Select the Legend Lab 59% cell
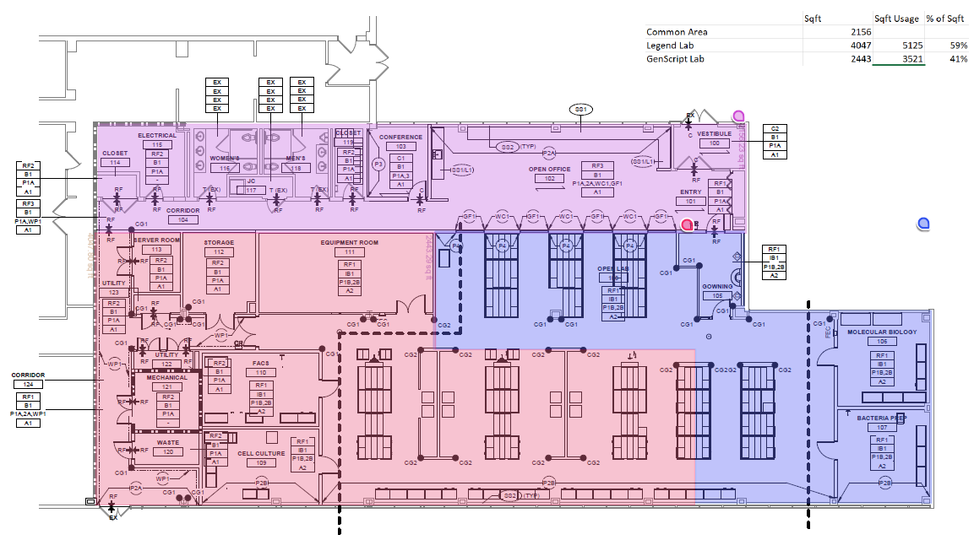coord(955,45)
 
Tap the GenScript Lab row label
coord(675,58)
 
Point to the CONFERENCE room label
coord(400,137)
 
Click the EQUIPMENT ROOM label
coord(349,242)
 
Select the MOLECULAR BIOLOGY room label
coord(881,332)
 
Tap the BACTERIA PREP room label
coord(881,418)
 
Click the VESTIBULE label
coord(714,133)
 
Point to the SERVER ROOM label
coord(156,240)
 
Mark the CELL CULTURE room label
coord(256,452)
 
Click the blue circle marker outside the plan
coord(924,224)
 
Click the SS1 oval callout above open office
coord(581,110)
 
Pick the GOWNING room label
coord(717,286)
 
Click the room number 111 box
coord(349,252)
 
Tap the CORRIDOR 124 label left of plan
coord(28,375)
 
